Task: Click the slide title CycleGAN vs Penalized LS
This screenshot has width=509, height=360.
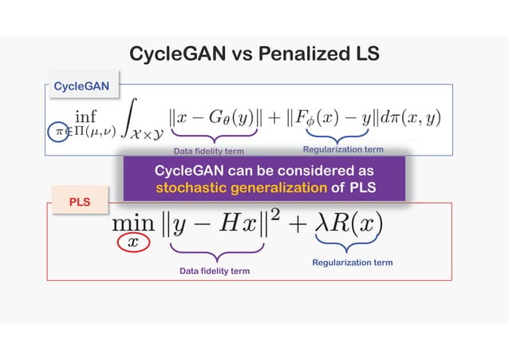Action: [x=254, y=54]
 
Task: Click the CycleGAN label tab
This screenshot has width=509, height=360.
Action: [x=81, y=85]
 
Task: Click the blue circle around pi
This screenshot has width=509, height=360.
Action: [x=57, y=132]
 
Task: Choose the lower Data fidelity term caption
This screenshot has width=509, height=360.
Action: [x=214, y=271]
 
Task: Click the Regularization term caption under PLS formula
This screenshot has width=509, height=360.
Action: [x=352, y=263]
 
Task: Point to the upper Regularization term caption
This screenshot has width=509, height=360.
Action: [x=343, y=149]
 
